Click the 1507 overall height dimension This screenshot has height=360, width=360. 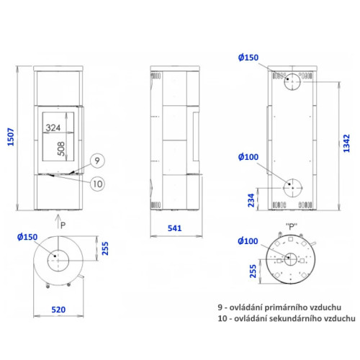11,137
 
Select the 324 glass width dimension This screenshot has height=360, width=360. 53,127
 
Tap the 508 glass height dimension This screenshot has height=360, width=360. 61,149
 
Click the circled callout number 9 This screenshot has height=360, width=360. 97,161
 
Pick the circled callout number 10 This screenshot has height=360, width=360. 97,184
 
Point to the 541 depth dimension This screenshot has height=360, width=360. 175,228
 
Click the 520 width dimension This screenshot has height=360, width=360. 58,310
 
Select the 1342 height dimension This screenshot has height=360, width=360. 346,143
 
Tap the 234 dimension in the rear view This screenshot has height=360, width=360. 251,200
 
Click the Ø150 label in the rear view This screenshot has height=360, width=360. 248,58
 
